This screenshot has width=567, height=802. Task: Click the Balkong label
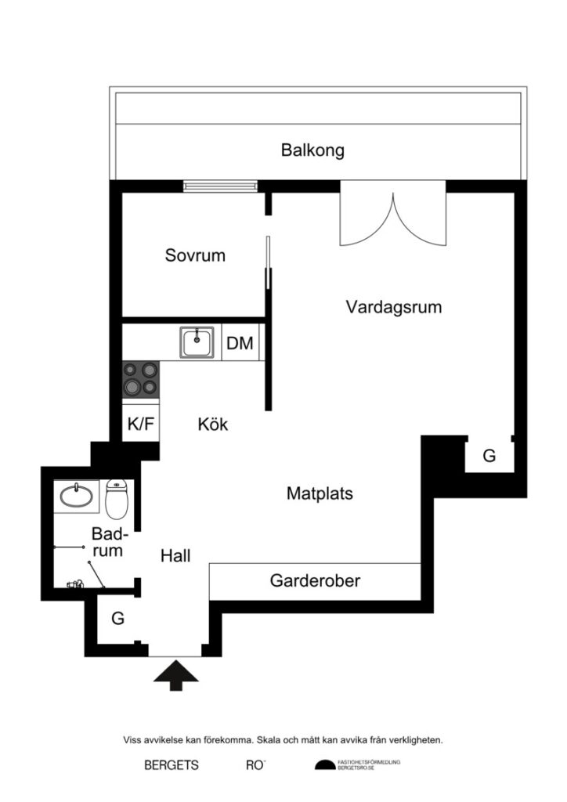[312, 150]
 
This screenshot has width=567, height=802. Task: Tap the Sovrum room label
[195, 255]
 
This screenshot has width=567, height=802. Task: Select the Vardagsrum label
[393, 307]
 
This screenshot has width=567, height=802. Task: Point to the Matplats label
[320, 494]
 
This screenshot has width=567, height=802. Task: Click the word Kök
[213, 424]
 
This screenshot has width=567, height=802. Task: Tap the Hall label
[175, 556]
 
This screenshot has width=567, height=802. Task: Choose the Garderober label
[315, 581]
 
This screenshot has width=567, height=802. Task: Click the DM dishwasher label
[240, 343]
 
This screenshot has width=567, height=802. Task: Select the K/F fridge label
[142, 424]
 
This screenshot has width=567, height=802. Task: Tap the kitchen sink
[197, 342]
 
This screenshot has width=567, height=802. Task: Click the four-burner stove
[141, 379]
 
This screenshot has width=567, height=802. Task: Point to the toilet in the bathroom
[116, 500]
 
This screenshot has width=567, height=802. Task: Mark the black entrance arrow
[175, 675]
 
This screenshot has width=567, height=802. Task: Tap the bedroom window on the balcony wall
[220, 186]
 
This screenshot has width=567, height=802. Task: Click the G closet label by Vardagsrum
[489, 456]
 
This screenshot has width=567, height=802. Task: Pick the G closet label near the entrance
[117, 619]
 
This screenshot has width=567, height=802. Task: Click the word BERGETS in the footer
[172, 765]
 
